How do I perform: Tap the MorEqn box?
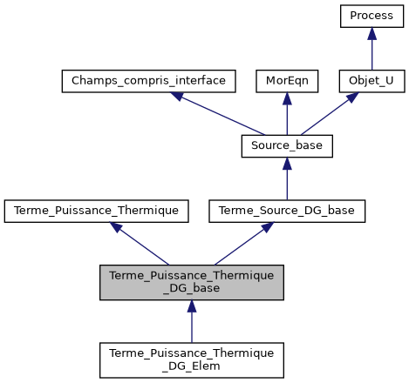pyautogui.click(x=287, y=81)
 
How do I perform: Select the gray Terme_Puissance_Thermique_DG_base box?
pyautogui.click(x=192, y=282)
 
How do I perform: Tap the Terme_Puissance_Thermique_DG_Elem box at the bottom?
pyautogui.click(x=192, y=359)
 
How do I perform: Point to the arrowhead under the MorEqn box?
pyautogui.click(x=287, y=98)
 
